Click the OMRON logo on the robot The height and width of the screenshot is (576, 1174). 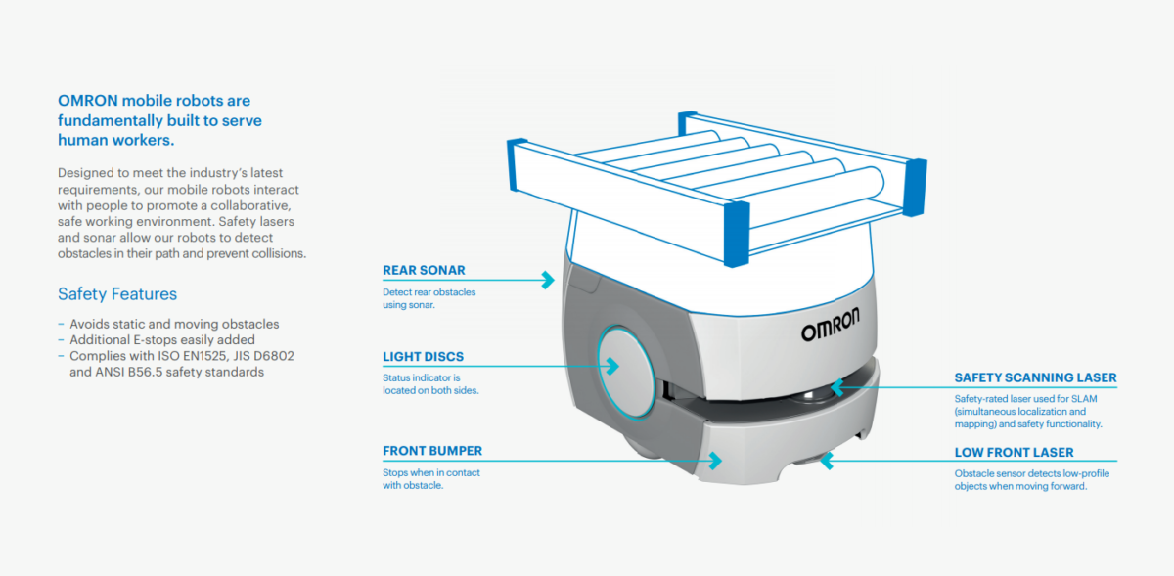coord(831,324)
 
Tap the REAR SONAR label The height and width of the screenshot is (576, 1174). coord(424,271)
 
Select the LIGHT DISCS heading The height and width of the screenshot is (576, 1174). coord(423,357)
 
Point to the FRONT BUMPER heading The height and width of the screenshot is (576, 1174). coord(432,451)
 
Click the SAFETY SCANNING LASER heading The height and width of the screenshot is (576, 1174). coord(1035,377)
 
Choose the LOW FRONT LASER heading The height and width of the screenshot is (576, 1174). coord(1014,453)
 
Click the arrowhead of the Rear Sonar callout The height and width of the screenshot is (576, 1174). coord(548,280)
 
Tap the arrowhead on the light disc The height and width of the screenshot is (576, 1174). coord(612,366)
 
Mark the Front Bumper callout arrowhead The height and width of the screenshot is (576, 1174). coord(716,461)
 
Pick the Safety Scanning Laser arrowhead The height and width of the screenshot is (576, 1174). coord(837,387)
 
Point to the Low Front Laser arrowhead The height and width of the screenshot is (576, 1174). coord(827,462)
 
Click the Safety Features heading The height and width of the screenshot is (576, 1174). coord(117,294)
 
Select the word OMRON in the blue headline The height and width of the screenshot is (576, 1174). coord(87,100)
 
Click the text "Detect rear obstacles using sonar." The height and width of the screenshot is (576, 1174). coord(429,298)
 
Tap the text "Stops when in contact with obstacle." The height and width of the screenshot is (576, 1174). coord(430,479)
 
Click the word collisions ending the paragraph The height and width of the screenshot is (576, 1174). coord(279,253)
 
